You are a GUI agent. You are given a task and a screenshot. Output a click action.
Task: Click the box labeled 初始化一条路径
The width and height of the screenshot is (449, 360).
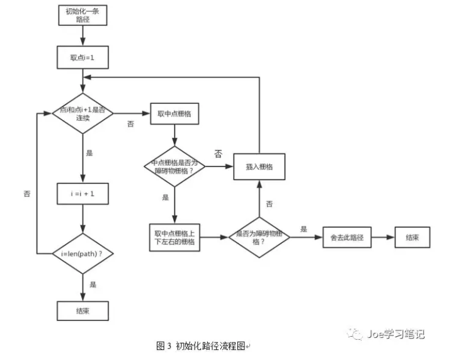click(x=82, y=15)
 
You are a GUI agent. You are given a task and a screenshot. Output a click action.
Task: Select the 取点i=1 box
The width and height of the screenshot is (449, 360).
click(x=82, y=58)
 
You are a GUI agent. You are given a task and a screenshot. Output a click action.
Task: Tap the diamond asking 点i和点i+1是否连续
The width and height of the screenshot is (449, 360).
click(x=82, y=114)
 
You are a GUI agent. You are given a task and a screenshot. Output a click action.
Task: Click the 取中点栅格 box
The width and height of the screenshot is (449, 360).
click(x=174, y=113)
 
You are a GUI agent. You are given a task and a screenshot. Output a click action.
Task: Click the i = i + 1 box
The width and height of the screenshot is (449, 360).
click(x=82, y=194)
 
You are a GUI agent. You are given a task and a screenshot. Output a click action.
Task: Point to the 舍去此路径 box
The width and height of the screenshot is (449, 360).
click(x=346, y=238)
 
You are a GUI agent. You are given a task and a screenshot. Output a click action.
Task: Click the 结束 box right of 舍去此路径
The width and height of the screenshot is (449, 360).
click(x=412, y=238)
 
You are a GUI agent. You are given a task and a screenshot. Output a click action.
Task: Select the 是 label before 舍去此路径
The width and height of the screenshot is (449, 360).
click(x=304, y=230)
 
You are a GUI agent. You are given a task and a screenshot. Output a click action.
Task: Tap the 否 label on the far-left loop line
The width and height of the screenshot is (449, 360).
click(x=26, y=194)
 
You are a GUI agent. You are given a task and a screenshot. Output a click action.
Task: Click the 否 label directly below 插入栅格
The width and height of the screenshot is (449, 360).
click(x=269, y=204)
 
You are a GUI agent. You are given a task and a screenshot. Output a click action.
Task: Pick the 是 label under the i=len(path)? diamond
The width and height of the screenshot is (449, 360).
click(x=93, y=285)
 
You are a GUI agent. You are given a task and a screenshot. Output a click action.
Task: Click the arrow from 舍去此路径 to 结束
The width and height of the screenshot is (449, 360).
click(x=382, y=238)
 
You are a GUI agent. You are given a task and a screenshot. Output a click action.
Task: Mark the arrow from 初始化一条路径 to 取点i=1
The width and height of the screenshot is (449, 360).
click(x=82, y=37)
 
